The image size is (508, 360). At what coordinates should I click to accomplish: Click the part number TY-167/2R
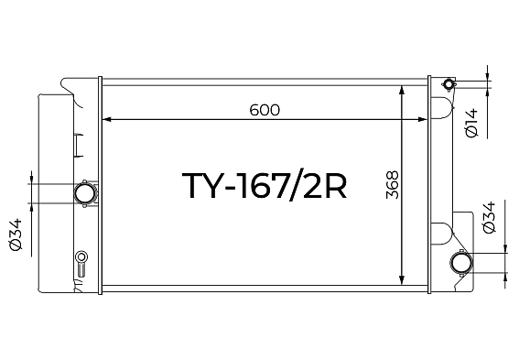[264, 185]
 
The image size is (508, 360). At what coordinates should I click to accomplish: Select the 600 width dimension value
[265, 110]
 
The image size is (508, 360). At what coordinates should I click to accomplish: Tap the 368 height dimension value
[393, 184]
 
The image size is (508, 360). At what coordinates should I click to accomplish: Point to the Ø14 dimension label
[471, 123]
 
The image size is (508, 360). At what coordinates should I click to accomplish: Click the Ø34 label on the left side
[16, 235]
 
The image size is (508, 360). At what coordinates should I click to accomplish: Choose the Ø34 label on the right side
[489, 217]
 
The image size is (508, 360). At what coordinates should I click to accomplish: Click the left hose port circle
[85, 193]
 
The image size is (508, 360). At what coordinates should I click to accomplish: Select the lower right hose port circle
[461, 263]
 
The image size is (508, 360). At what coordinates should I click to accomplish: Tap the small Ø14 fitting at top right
[449, 84]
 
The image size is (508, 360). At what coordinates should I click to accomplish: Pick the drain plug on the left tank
[81, 263]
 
